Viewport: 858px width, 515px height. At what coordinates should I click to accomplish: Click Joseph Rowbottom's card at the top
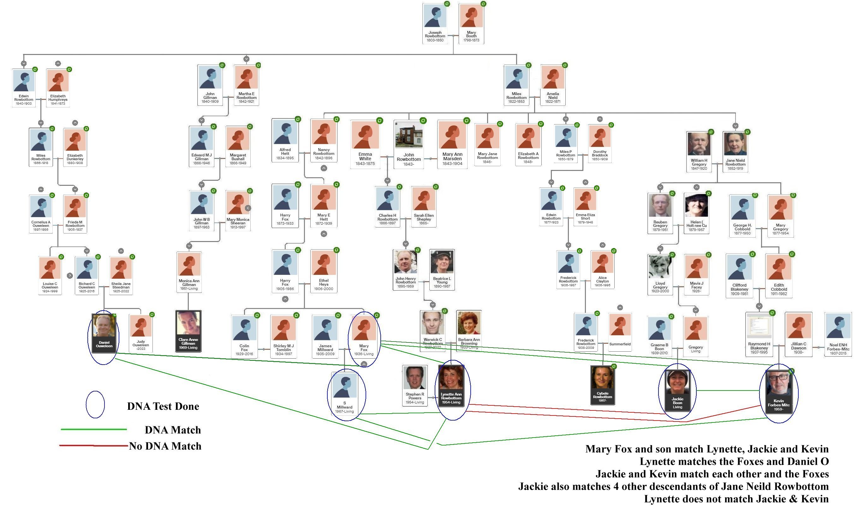(x=435, y=24)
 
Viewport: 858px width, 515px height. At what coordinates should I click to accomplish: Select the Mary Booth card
(x=471, y=24)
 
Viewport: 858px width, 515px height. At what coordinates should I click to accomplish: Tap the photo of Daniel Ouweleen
(x=104, y=326)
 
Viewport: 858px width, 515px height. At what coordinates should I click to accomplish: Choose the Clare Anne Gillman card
(x=188, y=331)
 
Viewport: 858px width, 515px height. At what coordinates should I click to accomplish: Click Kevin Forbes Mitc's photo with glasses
(x=779, y=384)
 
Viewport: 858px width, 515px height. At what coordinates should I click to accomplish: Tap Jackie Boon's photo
(x=677, y=382)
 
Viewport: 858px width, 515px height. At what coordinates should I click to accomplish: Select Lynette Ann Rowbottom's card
(x=451, y=386)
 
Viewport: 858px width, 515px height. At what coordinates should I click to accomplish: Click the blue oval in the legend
(x=95, y=405)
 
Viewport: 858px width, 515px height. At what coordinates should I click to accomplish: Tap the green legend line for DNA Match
(x=94, y=430)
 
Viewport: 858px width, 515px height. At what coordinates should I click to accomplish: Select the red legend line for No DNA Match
(x=94, y=445)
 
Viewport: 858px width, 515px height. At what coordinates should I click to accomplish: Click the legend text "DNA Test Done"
(x=163, y=406)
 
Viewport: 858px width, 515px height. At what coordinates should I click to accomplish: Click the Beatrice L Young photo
(x=442, y=262)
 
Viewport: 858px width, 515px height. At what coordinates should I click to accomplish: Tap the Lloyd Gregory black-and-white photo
(x=660, y=267)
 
